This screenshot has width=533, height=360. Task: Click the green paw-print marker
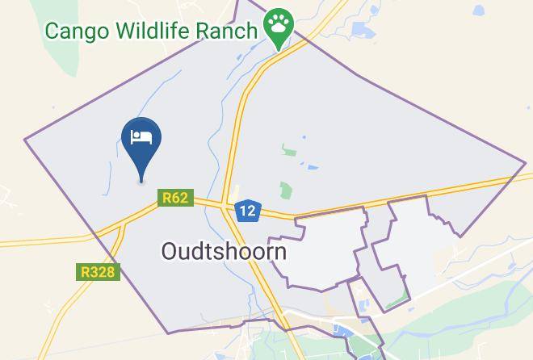click(279, 27)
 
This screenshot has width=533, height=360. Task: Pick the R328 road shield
click(99, 272)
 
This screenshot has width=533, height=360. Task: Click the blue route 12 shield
click(247, 211)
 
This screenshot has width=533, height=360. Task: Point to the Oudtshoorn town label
click(224, 251)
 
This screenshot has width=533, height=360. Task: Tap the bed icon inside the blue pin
click(141, 136)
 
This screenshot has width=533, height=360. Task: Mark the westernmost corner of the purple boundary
click(24, 139)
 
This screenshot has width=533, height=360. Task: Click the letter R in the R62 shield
click(167, 197)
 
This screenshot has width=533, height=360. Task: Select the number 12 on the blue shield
click(247, 211)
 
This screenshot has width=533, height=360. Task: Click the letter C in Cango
click(53, 31)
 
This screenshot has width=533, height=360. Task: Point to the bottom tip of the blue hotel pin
click(142, 181)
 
